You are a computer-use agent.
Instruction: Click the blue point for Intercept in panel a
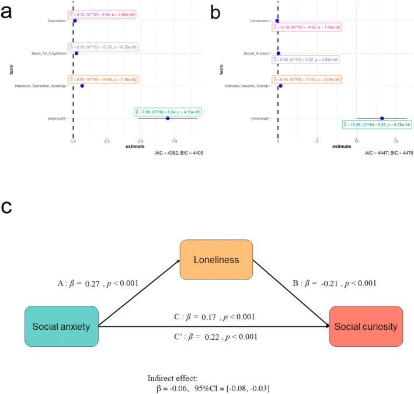click(x=168, y=118)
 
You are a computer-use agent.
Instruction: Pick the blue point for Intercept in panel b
click(x=382, y=118)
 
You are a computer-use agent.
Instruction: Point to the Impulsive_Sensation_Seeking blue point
click(x=82, y=86)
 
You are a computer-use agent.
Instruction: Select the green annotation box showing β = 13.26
click(x=373, y=124)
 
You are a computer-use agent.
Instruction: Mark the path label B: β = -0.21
click(x=333, y=283)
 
